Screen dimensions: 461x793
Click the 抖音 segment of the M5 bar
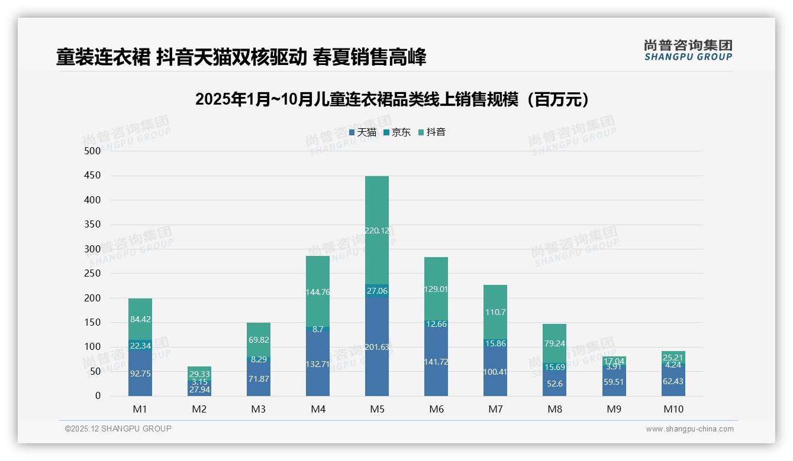[377, 230]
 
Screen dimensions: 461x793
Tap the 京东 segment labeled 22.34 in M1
[140, 345]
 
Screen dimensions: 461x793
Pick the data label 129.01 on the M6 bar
[436, 289]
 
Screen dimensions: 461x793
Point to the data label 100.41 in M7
[495, 372]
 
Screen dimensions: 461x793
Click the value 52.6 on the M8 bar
[555, 384]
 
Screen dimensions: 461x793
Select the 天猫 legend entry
[363, 132]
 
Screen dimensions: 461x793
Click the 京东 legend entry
[397, 132]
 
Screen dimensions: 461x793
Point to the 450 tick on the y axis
[92, 176]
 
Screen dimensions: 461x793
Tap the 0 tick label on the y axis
[98, 396]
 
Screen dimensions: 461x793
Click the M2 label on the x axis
[199, 409]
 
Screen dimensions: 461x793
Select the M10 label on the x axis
[673, 409]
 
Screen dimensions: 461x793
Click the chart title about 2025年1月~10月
[393, 99]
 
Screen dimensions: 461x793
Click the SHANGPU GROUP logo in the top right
[688, 50]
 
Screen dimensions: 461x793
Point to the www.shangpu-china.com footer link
[689, 429]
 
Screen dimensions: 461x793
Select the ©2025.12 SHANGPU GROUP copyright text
[118, 429]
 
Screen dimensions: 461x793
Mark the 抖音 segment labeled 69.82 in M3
[259, 340]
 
